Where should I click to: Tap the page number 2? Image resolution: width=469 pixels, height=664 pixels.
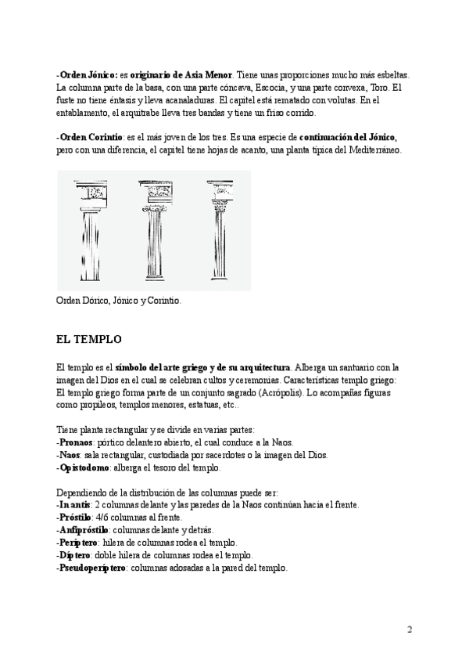point(410,630)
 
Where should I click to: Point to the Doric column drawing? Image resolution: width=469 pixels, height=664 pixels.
point(91,231)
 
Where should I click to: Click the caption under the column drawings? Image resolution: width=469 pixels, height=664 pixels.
point(119,300)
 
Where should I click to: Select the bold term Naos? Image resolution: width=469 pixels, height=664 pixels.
point(70,455)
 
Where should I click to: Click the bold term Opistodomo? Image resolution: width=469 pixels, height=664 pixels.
point(84,467)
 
